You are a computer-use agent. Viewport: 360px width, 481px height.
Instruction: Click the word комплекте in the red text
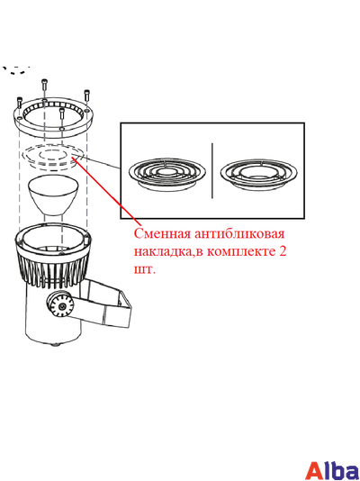(241, 251)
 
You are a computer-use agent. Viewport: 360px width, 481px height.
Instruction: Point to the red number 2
(283, 251)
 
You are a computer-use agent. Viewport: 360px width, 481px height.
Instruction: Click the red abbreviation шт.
(145, 270)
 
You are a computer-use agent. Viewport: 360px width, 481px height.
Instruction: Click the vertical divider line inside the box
(212, 170)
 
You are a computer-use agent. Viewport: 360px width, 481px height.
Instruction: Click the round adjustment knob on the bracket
(61, 306)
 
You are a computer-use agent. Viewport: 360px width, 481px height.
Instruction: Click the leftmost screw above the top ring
(20, 102)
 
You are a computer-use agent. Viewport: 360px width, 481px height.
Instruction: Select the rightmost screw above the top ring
(87, 95)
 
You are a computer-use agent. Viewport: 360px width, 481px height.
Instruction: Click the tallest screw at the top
(44, 85)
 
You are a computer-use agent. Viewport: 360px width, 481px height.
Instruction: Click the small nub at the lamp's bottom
(56, 344)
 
